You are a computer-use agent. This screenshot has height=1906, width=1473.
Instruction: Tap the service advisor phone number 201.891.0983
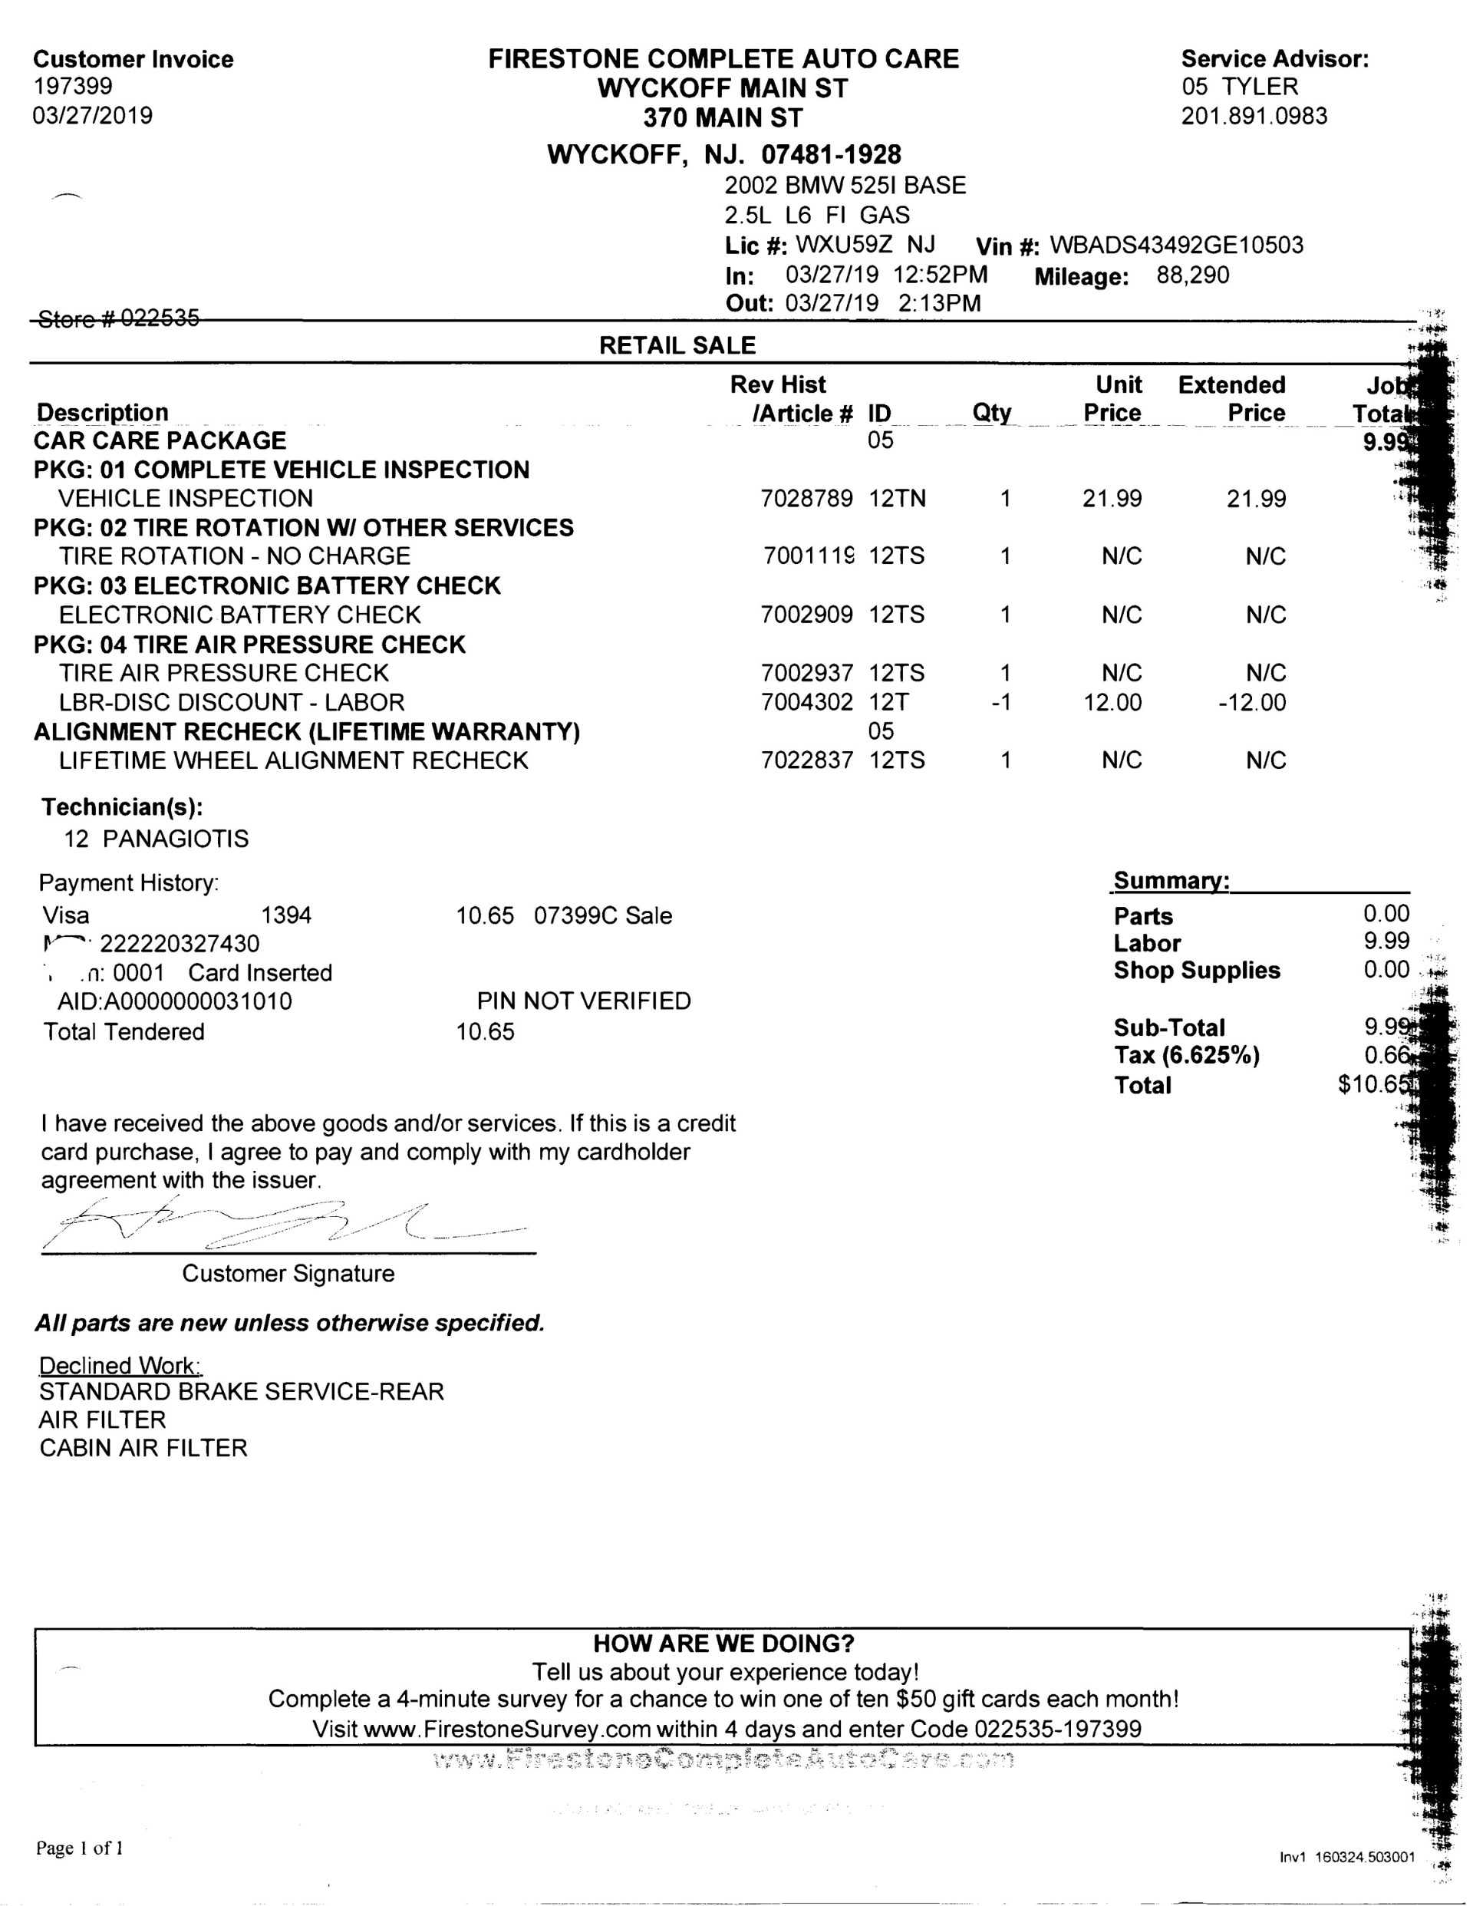(1254, 116)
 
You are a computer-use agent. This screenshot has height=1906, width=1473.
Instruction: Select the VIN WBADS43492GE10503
(1176, 246)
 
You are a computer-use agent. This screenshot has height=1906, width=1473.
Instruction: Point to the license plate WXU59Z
(844, 244)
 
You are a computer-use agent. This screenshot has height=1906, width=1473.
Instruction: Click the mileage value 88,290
(1192, 275)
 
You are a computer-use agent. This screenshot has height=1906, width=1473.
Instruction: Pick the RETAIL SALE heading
(677, 345)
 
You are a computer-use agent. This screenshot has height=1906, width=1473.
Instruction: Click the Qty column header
(991, 413)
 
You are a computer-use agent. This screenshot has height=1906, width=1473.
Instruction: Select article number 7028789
(806, 500)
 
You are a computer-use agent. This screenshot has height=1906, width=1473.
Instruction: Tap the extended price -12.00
(1252, 703)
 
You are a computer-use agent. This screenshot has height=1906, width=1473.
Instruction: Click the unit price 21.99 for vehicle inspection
(1112, 500)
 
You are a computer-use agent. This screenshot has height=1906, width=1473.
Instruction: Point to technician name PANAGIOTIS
(176, 839)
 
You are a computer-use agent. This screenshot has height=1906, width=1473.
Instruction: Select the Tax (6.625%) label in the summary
(1187, 1056)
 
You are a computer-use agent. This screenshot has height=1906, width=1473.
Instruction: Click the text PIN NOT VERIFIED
(584, 1001)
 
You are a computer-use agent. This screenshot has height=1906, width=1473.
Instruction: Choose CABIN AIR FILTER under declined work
(143, 1448)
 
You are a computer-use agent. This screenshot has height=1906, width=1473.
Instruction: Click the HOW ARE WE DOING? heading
(723, 1644)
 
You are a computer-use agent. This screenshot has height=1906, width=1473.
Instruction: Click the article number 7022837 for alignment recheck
(806, 760)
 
